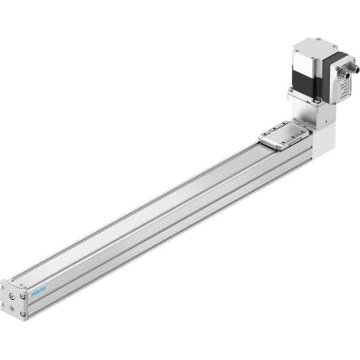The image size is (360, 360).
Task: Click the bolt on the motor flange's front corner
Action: pos(318,100)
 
